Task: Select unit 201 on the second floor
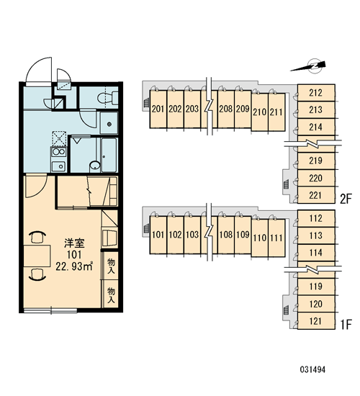158,109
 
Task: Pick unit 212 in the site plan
316,93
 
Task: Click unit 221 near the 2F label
315,195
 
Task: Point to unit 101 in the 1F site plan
158,235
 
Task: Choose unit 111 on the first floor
276,238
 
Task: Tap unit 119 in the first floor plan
316,287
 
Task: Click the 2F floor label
346,199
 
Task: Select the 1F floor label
346,325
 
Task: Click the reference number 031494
312,370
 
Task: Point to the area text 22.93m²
74,266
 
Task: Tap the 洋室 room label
74,243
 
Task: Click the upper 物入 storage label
111,266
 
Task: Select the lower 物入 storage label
111,295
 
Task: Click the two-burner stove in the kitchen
58,151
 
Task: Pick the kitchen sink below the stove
59,166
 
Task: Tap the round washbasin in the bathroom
95,166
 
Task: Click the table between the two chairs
37,256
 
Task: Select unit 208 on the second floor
226,109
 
